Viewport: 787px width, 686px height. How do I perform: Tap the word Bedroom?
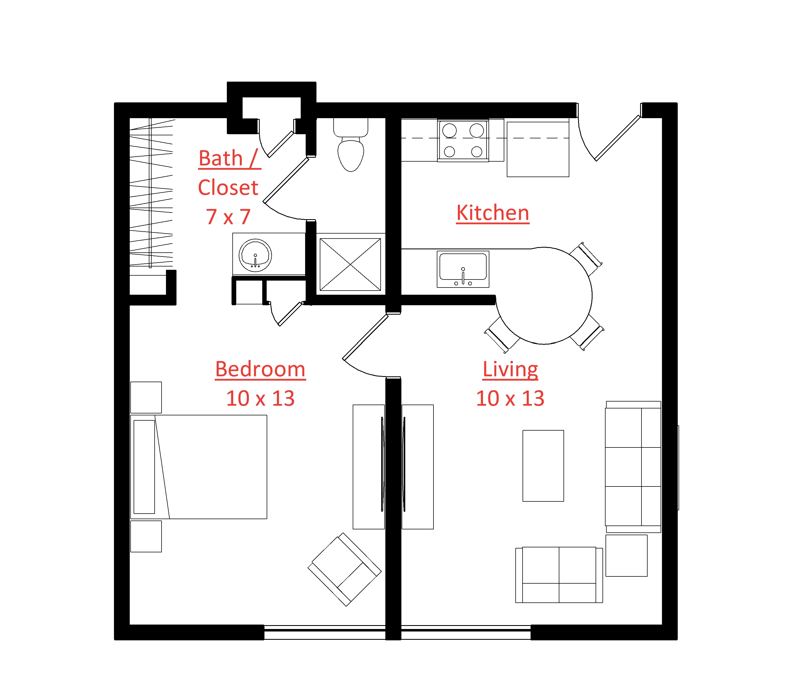[260, 369]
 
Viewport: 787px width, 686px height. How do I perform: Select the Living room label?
[510, 369]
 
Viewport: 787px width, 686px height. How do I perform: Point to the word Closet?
[228, 188]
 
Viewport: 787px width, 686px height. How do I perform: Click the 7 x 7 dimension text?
[228, 217]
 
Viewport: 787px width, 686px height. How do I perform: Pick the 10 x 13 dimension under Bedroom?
[260, 398]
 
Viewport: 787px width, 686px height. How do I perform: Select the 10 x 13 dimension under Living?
[510, 398]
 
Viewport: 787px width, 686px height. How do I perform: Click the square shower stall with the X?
[350, 265]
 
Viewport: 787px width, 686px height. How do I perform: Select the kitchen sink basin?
[463, 266]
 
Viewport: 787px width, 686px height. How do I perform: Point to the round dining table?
[544, 296]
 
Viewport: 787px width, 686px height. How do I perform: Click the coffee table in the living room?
[543, 465]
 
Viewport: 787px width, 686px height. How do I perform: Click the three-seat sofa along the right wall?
[633, 467]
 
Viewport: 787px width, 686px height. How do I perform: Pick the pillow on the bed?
[144, 467]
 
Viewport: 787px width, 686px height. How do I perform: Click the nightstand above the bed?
[146, 397]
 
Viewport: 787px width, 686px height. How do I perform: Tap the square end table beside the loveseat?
[626, 555]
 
